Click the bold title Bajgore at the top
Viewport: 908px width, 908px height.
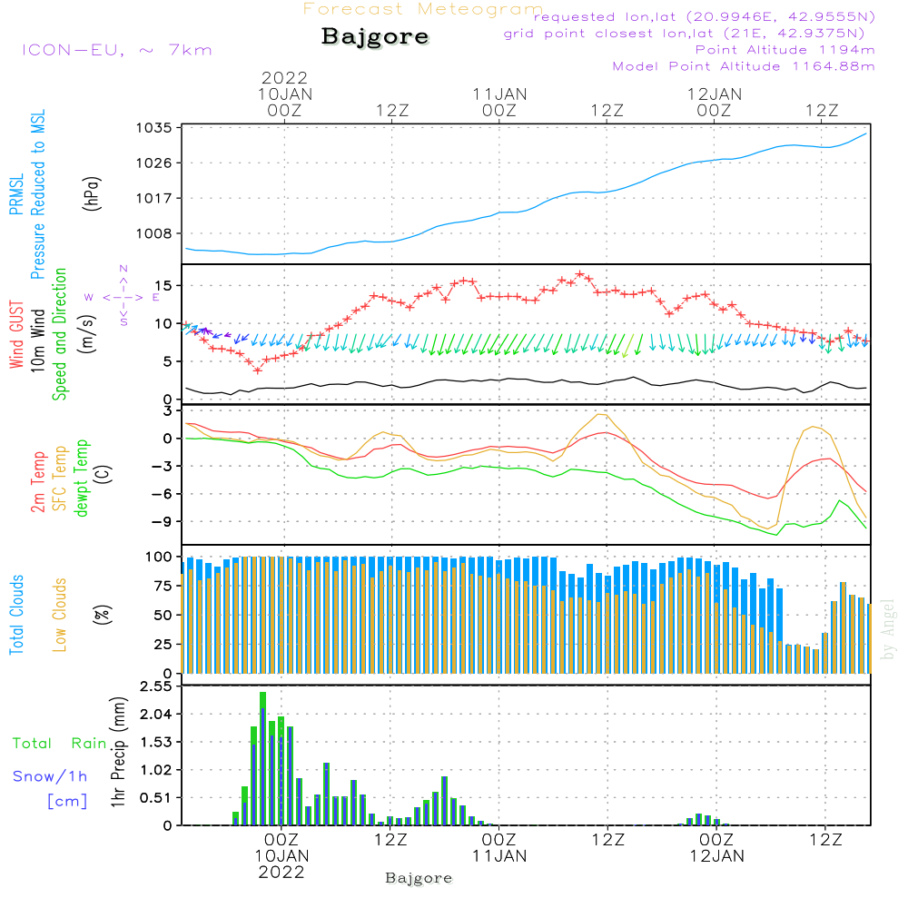coord(375,37)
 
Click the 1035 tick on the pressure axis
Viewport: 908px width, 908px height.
coord(155,128)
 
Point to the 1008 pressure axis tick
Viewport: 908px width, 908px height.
coord(155,232)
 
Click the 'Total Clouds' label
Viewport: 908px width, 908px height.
coord(16,615)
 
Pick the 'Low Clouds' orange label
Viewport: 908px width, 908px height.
coord(60,615)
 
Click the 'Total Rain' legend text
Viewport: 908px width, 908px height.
coord(59,744)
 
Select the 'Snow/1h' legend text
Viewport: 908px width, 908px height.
coord(50,776)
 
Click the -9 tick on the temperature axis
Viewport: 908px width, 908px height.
coord(162,522)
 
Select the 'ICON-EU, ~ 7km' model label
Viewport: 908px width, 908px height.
coord(116,50)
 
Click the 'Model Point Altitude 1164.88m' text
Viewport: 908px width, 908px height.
coord(744,66)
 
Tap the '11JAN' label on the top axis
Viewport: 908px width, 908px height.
coord(499,94)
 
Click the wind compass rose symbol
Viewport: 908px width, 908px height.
coord(123,296)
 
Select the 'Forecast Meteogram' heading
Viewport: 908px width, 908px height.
coord(423,10)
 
